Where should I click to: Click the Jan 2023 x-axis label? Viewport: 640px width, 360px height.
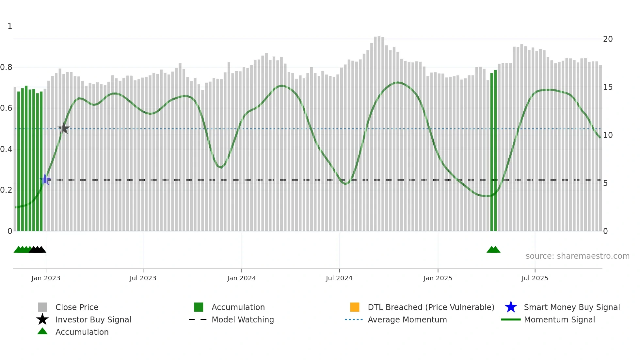[46, 278]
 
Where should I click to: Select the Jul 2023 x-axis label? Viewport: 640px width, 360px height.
[143, 278]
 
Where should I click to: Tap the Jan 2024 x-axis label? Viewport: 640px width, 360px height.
[241, 278]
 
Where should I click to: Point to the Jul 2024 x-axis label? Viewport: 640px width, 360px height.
[339, 278]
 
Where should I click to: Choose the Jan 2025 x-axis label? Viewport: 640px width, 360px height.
[438, 278]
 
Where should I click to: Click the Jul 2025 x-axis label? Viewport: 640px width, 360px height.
[535, 278]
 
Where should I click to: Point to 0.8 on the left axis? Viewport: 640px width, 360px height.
[6, 67]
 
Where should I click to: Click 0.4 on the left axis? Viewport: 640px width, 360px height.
[6, 149]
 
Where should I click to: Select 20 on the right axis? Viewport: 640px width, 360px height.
[608, 39]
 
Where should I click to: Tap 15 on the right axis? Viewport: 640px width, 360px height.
[608, 87]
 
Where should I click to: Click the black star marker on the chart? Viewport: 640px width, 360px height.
[64, 128]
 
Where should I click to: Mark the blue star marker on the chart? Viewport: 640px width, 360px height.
[45, 179]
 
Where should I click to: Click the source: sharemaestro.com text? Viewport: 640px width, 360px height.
[577, 256]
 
